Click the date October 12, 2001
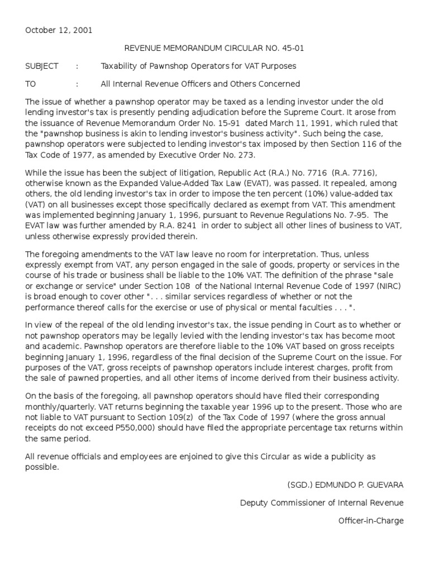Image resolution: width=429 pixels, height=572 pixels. (x=59, y=30)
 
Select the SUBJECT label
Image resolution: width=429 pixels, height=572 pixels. (x=42, y=66)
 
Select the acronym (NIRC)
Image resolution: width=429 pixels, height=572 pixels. (x=387, y=285)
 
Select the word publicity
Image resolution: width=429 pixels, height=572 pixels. (x=339, y=456)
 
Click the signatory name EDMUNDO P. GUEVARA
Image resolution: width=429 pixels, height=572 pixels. (x=345, y=485)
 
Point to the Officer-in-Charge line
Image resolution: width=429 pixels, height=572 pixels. (x=370, y=521)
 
